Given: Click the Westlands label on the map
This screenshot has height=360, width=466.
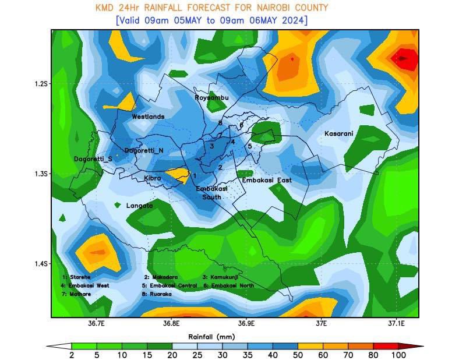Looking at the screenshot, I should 148,117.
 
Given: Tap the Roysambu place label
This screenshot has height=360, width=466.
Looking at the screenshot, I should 211,97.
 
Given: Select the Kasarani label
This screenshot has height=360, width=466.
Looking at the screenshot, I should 338,134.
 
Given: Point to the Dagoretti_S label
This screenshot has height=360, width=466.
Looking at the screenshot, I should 93,159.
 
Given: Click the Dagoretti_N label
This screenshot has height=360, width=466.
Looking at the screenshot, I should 144,151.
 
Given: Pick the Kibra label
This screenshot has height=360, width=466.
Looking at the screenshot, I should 152,178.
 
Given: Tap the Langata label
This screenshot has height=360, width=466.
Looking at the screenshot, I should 139,206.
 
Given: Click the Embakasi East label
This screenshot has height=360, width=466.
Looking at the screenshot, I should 267,181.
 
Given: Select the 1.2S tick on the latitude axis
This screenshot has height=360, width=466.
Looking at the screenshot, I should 40,84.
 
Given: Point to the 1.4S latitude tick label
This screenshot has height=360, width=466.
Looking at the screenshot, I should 40,264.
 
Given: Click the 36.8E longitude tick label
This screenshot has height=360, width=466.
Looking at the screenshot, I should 171,323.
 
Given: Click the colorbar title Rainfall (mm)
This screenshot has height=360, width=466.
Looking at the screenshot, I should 211,337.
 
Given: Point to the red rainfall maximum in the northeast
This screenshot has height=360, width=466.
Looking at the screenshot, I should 405,58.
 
